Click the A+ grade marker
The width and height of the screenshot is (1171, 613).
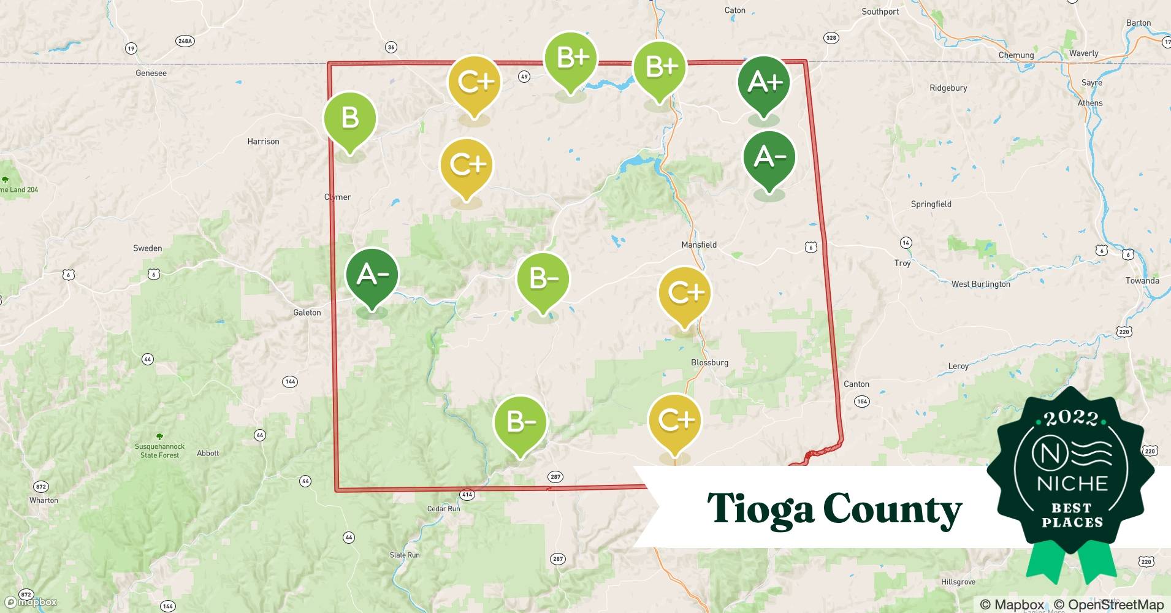coord(764,82)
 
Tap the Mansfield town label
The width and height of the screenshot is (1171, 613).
coord(699,245)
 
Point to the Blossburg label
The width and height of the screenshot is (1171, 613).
coord(709,362)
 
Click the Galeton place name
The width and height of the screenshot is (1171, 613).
coord(307,313)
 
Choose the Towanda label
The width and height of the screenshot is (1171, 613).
coord(1142,281)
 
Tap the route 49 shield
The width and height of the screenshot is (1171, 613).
coord(524,77)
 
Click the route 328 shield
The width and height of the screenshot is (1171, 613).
coord(831,38)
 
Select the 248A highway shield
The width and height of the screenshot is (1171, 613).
coord(185,41)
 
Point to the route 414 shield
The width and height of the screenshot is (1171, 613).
coord(467,494)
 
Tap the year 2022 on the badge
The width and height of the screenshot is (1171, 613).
coord(1071,418)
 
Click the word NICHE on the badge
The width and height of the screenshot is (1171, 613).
coord(1072,484)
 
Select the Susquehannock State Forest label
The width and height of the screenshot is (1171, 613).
coord(159,451)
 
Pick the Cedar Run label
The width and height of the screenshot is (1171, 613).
coord(443,509)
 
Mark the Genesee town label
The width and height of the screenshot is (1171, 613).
coord(151,73)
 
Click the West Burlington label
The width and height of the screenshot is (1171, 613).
coord(980,284)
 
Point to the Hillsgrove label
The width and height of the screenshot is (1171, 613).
coord(958,582)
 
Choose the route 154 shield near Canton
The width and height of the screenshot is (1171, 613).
coord(862,402)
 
